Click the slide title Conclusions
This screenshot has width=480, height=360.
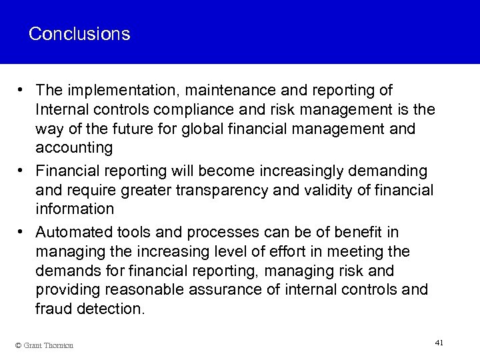[x=79, y=33]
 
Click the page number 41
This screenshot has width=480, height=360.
[x=438, y=342]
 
